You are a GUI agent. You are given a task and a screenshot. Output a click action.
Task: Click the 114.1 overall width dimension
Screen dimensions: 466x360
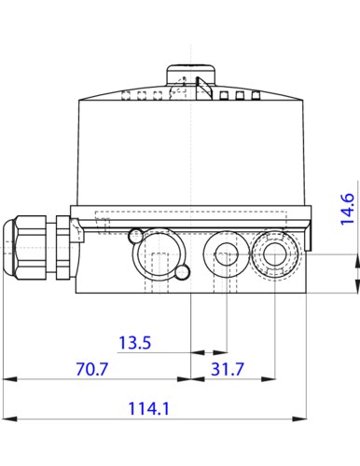[x=149, y=407]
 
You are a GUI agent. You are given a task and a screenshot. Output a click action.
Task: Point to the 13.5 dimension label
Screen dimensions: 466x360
[x=135, y=342]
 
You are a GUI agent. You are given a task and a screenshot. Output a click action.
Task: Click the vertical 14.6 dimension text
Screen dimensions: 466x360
[x=347, y=210]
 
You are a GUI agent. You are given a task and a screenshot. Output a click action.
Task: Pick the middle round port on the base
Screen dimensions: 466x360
[x=224, y=251]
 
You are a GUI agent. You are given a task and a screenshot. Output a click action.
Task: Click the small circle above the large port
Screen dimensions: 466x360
[x=137, y=234]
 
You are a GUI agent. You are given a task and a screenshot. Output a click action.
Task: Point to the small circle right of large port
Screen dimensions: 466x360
[x=184, y=271]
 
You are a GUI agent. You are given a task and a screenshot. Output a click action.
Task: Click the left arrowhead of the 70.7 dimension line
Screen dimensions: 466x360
[x=8, y=379]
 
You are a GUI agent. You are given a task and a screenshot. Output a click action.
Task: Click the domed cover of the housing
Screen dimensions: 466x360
[x=191, y=149]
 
